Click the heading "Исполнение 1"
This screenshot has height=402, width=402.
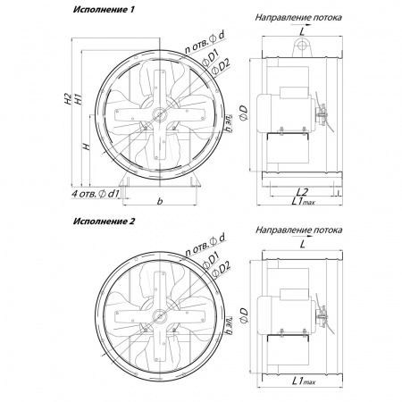coord(104,10)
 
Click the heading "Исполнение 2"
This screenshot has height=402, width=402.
coord(104,222)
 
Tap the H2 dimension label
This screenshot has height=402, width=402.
coord(68,99)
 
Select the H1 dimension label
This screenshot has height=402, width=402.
coord(78,99)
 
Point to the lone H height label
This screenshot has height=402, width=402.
coord(87,147)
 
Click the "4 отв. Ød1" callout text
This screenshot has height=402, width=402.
coord(95,194)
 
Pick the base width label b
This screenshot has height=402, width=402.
coord(160,202)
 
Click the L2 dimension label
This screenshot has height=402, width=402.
coord(303,192)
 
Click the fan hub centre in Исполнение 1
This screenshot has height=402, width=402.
coord(160,114)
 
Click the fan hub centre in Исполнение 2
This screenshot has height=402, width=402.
coord(160,316)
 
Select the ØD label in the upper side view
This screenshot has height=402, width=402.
coord(244,113)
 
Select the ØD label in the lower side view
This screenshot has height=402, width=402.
coord(244,315)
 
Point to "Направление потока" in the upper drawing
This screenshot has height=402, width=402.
coord(298,18)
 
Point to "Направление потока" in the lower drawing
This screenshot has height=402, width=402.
coord(298,230)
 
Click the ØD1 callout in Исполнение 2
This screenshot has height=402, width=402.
coord(211,259)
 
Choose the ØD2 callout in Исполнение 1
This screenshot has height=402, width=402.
coord(221,66)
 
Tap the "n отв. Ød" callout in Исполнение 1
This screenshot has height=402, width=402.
coord(205,43)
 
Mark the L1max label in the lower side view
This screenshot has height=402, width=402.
coord(304,381)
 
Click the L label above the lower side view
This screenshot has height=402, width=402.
coord(303,245)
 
